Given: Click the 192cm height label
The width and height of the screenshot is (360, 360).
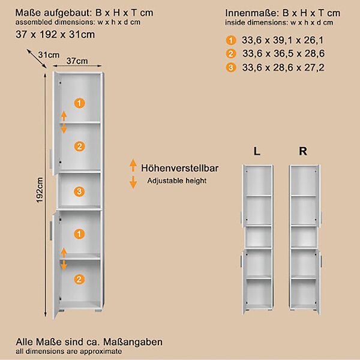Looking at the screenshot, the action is [40, 190].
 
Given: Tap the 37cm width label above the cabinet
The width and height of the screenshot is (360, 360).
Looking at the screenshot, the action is [77, 61].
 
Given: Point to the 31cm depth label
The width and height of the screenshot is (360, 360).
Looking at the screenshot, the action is [49, 55].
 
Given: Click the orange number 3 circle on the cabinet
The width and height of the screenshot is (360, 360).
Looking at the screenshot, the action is [79, 191].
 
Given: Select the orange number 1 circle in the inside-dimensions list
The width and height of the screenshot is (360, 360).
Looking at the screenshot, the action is [231, 40].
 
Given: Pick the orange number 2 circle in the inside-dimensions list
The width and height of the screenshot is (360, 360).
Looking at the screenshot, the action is [231, 54].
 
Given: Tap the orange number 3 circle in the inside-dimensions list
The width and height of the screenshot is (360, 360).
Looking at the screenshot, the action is [231, 67].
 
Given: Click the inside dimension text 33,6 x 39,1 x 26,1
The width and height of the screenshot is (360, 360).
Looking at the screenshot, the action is [283, 40].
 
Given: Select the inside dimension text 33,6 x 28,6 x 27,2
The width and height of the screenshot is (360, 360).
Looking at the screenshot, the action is [283, 67].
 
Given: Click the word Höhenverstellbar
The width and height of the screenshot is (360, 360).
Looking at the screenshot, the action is [179, 168].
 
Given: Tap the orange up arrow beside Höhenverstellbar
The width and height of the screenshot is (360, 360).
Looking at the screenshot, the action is [133, 165].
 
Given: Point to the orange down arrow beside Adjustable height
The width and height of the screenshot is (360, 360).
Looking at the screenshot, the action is [133, 182].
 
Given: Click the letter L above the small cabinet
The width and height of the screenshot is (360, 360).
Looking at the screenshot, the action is [257, 151].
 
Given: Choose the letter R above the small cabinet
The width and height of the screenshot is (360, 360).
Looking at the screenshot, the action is [303, 151].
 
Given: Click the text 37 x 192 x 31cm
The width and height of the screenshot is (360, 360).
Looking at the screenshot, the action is [55, 34].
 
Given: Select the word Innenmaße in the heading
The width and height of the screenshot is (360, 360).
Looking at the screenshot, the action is [251, 13].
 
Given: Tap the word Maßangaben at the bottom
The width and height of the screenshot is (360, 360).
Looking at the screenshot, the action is [133, 342].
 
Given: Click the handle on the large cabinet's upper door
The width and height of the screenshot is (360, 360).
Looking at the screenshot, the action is [51, 158].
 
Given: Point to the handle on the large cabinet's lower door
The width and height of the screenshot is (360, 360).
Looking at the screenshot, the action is [51, 230].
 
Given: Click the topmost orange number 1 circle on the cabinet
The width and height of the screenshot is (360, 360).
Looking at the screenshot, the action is [79, 103].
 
